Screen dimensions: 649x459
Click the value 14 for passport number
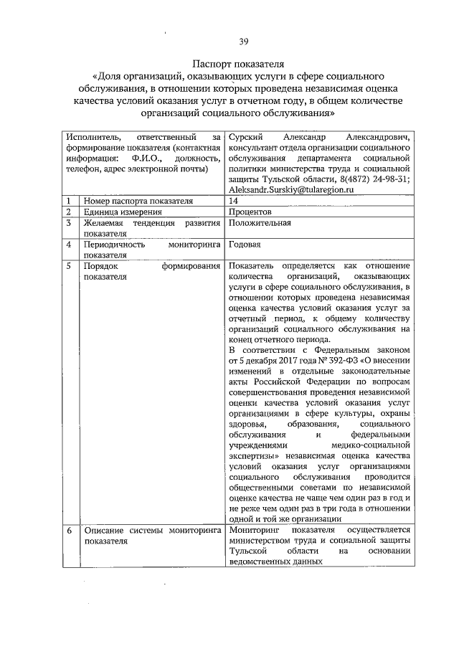(234, 201)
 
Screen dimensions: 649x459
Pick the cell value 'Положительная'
(259, 222)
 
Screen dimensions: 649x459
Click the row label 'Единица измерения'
(121, 212)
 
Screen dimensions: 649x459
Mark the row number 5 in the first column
(67, 265)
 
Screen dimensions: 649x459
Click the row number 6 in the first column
(67, 530)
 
